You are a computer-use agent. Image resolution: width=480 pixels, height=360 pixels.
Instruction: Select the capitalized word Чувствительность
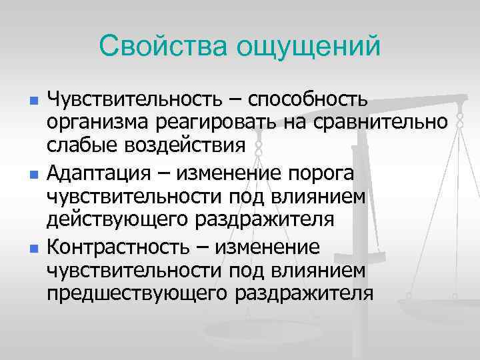point(140,100)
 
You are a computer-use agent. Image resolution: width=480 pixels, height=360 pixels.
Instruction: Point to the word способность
point(308,100)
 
